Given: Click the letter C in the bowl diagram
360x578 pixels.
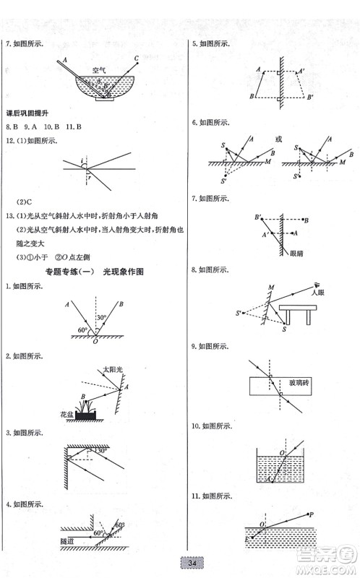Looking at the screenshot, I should pyautogui.click(x=137, y=57).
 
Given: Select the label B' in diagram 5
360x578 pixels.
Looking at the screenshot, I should pyautogui.click(x=309, y=97).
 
